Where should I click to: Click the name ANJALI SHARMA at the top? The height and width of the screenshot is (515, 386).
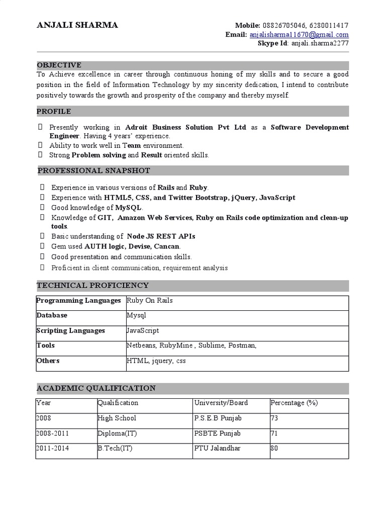click(77, 25)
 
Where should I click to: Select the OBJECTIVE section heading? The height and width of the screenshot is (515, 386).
click(59, 65)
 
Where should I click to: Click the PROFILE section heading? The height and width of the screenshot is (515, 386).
click(54, 111)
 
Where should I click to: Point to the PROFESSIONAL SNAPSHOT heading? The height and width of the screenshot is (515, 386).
click(93, 171)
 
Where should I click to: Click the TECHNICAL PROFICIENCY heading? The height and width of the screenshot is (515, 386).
click(92, 286)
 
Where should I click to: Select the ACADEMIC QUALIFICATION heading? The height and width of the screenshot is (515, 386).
click(96, 388)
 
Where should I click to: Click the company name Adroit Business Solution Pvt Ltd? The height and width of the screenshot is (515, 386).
click(185, 127)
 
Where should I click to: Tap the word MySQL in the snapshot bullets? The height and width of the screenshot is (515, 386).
click(129, 208)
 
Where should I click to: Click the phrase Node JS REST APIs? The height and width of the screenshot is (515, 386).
click(161, 236)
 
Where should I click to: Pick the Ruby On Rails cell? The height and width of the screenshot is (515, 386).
click(150, 301)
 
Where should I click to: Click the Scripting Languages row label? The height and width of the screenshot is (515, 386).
click(71, 331)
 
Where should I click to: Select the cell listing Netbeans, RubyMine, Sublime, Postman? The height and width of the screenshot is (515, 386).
click(191, 346)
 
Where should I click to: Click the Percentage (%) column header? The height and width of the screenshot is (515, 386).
click(294, 403)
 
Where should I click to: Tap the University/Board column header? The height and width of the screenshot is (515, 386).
click(221, 403)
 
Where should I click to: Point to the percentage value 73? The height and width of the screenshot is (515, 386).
click(274, 418)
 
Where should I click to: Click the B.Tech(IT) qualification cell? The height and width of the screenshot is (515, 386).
click(115, 449)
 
